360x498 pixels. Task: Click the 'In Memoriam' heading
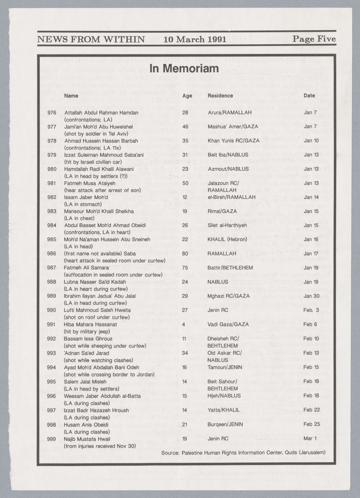coord(184,68)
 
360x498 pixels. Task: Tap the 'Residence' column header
coord(220,96)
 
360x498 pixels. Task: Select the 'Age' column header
coord(187,96)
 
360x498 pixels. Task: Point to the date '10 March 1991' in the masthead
coord(195,39)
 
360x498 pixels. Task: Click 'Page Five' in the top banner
coord(314,39)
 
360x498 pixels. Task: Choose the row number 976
coord(52,113)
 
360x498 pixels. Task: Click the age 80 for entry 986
coord(185,254)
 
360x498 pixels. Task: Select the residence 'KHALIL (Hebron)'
coord(227,239)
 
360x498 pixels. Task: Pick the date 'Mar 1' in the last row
coord(308,439)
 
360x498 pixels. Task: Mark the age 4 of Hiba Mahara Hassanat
coord(184,324)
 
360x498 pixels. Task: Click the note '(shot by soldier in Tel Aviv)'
coord(98,134)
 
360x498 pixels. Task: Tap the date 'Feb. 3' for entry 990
coord(311,310)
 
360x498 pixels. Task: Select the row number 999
coord(52,439)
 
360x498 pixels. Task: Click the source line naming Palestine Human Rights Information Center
coord(243,452)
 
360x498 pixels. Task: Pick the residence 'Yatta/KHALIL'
coord(224,410)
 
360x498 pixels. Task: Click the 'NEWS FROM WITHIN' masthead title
coord(91,39)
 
